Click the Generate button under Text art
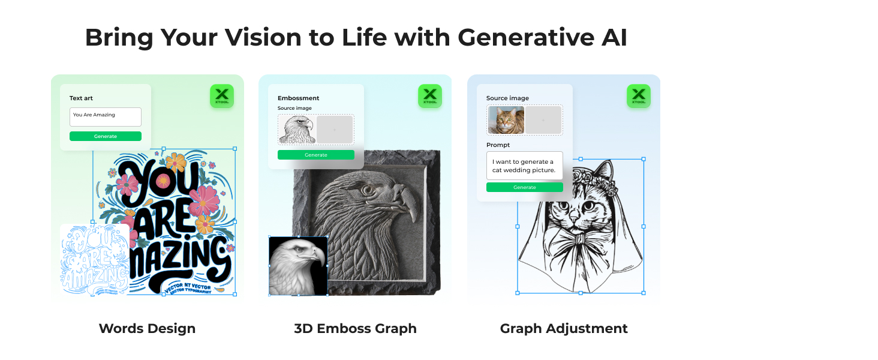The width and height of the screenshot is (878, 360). (x=106, y=136)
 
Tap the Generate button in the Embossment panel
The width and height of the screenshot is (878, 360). (x=316, y=155)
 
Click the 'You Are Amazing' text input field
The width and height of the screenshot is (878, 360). (x=106, y=117)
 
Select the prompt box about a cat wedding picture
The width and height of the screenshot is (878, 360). (x=525, y=166)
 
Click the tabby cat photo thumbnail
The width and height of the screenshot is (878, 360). (x=506, y=120)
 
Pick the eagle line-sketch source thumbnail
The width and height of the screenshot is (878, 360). (x=297, y=129)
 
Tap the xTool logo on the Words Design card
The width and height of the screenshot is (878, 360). (x=222, y=96)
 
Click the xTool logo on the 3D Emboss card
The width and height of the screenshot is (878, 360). (x=430, y=96)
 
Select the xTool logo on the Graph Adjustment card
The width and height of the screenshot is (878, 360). (x=639, y=96)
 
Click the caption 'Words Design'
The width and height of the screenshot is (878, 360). (x=147, y=329)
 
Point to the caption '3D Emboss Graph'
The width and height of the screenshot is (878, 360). (x=355, y=329)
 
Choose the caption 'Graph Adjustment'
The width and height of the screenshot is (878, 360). (x=564, y=329)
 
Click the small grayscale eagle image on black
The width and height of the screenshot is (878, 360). (x=298, y=266)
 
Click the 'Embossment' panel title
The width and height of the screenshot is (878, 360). (x=298, y=98)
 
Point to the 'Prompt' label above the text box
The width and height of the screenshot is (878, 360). (x=498, y=145)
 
